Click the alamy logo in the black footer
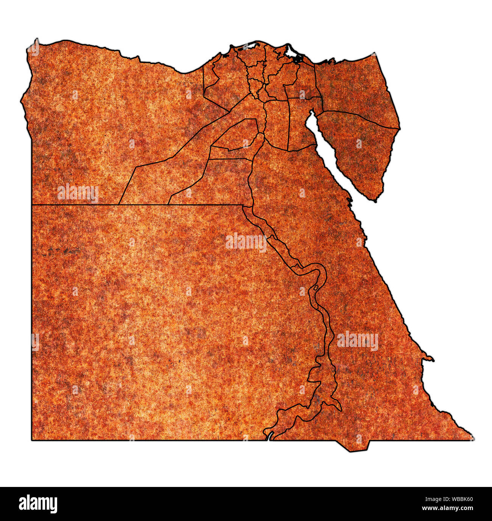point(38,504)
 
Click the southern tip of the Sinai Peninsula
point(375,200)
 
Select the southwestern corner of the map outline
point(32,440)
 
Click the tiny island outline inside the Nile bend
point(316,288)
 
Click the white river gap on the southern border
point(269,436)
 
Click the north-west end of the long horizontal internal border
point(32,205)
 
